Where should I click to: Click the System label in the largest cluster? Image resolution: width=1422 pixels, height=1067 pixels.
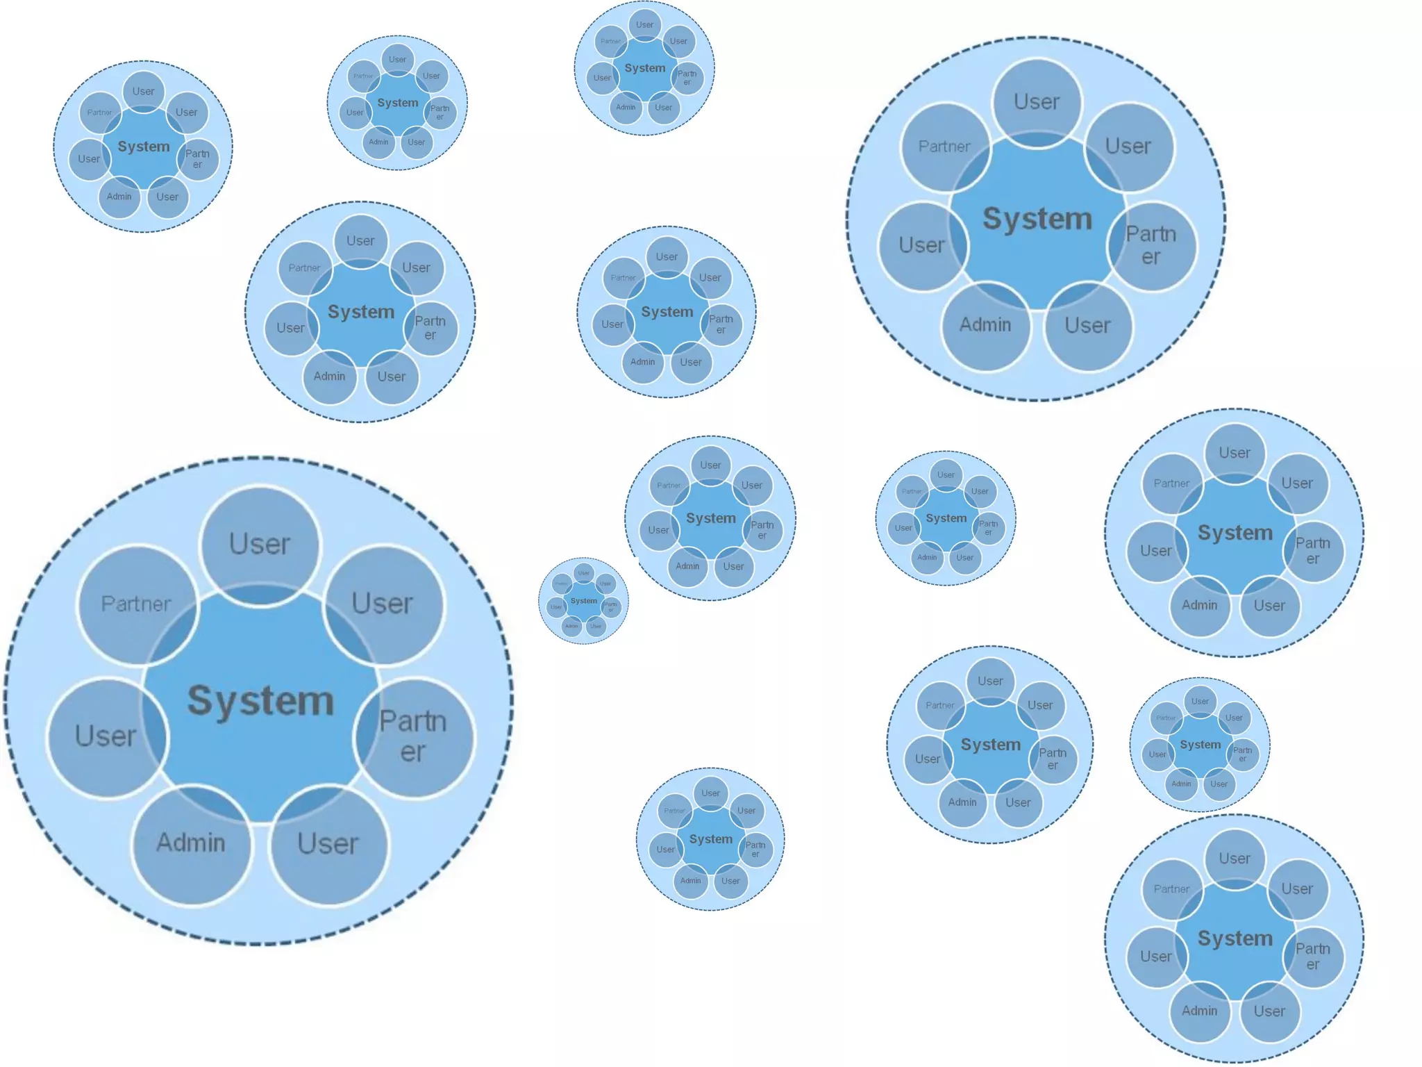tap(260, 700)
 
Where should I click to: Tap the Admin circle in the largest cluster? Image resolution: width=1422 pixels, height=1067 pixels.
tap(191, 843)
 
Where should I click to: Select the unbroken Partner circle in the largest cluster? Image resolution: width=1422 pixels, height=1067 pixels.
tap(136, 604)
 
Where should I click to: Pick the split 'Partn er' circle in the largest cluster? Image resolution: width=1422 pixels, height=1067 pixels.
tap(413, 736)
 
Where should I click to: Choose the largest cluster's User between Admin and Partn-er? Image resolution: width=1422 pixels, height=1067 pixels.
tap(328, 844)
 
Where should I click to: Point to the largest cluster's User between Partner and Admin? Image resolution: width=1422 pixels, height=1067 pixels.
tap(106, 736)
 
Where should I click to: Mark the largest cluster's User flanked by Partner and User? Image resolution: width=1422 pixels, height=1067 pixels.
tap(260, 544)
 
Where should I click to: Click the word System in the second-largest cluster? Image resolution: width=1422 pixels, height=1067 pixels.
tap(1037, 219)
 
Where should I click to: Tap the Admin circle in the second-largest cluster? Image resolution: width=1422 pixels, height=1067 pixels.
tap(985, 325)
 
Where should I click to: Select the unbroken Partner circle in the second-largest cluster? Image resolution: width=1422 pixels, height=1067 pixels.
tap(944, 147)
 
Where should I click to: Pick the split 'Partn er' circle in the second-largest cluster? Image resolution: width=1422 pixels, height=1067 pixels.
tap(1151, 245)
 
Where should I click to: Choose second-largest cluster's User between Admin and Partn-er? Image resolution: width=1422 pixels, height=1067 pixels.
tap(1087, 325)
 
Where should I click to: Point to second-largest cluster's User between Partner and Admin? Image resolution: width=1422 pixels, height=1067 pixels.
tap(921, 245)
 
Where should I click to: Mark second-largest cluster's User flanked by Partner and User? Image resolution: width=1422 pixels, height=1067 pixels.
tap(1037, 102)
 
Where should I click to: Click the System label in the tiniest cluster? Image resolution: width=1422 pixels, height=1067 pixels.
tap(584, 601)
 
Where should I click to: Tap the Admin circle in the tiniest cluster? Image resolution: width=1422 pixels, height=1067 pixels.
tap(571, 626)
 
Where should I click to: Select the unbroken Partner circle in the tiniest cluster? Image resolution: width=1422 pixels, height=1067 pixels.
tap(562, 584)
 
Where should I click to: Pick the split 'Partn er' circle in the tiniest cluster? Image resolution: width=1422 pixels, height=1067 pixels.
tap(611, 607)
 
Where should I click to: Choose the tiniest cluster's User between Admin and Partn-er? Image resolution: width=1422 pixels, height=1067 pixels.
tap(596, 626)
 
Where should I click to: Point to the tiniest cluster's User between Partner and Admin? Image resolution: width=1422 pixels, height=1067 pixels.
tap(556, 607)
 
